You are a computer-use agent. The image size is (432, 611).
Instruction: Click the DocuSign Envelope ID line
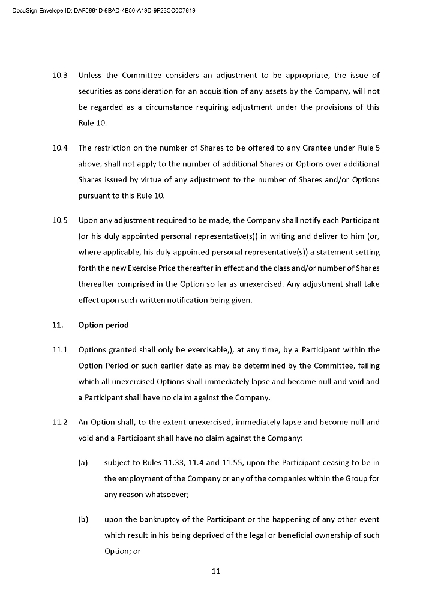click(103, 11)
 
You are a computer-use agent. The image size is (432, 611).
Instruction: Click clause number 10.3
click(60, 76)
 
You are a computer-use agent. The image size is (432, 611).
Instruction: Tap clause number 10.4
click(60, 148)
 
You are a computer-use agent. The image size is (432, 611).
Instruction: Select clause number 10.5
click(60, 220)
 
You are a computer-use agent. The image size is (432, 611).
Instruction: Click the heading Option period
click(103, 325)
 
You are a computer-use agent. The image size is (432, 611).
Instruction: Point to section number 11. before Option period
click(58, 325)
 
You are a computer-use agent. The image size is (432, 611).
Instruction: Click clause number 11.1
click(60, 350)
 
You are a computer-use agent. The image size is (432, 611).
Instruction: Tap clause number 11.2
click(60, 423)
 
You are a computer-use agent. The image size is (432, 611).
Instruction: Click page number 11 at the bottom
click(216, 571)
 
